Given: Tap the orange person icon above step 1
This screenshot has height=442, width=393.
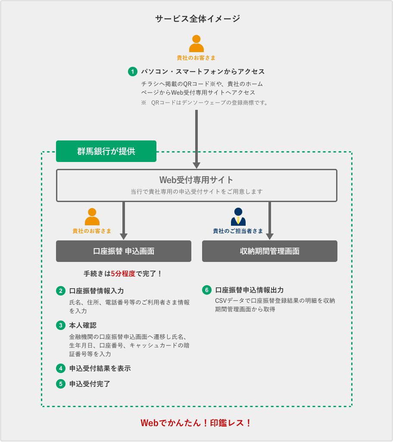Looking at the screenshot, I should click(196, 44).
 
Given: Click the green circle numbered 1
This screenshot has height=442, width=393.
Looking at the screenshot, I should click(133, 72).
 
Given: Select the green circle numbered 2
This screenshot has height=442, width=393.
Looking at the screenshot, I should click(61, 291).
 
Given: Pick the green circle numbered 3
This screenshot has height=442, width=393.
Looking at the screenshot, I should click(61, 325).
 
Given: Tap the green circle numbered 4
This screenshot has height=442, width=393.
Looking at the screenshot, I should click(61, 368).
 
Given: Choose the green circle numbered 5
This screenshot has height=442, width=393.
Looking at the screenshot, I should click(61, 383).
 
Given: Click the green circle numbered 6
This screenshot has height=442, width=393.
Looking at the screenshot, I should click(207, 290).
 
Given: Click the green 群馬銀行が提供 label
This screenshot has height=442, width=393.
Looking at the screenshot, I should click(106, 151).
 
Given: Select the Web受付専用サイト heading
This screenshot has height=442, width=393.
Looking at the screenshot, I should click(196, 180).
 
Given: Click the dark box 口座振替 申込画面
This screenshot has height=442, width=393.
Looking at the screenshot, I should click(124, 251).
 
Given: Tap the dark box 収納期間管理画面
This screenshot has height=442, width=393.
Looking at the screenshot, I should click(270, 251).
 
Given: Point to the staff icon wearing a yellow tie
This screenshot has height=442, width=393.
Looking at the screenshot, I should click(238, 217).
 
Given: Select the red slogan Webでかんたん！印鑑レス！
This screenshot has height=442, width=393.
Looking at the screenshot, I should click(196, 423).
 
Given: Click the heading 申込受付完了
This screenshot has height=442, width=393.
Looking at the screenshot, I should click(90, 383).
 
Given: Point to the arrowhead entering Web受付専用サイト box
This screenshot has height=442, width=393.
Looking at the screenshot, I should click(196, 165).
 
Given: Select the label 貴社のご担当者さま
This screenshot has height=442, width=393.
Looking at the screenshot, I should click(238, 231).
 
